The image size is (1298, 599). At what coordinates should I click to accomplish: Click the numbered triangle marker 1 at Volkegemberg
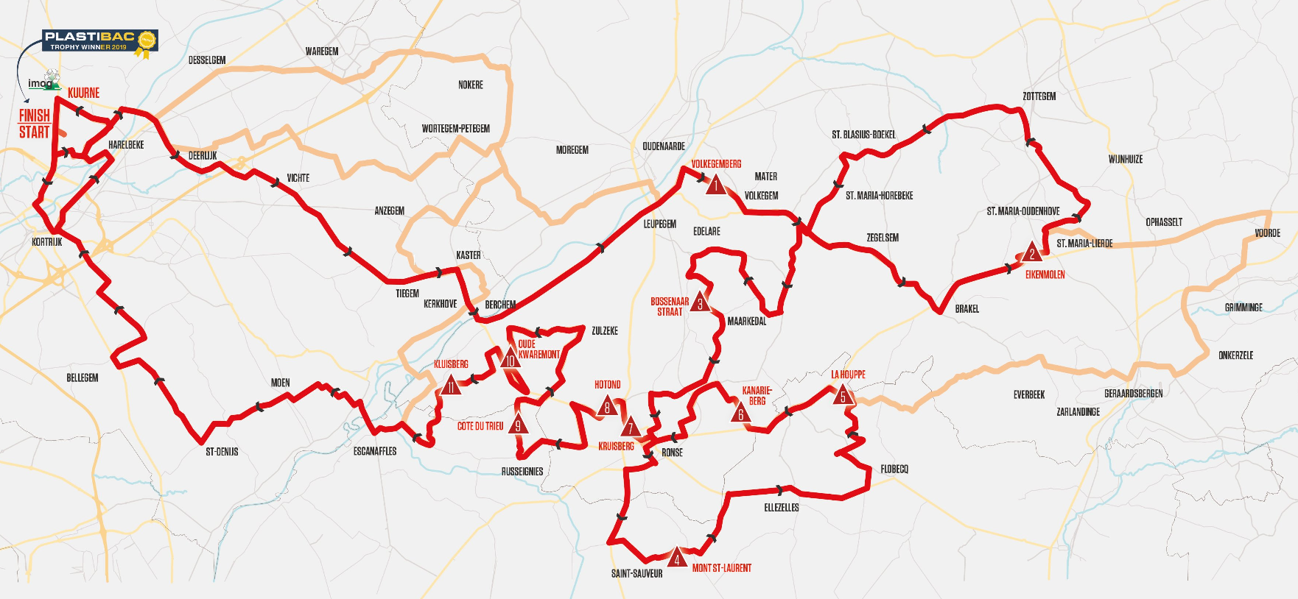715,185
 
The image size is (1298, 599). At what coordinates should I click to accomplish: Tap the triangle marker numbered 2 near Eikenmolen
1032,253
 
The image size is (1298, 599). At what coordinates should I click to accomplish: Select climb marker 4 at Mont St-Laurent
676,559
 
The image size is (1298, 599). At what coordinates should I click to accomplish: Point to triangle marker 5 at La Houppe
843,396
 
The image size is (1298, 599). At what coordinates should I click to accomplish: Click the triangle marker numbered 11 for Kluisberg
450,386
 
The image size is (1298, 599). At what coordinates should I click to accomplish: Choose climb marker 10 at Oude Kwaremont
511,359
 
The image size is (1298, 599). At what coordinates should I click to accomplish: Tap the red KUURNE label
83,93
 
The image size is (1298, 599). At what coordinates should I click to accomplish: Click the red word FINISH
34,116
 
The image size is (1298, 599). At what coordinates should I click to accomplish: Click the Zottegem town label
1039,96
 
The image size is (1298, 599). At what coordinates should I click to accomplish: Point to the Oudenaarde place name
663,146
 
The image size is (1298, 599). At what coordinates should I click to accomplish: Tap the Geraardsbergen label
1133,394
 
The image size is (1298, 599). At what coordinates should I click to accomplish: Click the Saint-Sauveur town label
636,574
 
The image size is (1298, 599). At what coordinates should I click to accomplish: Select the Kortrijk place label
46,242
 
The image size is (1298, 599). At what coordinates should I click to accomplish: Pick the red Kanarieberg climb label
757,396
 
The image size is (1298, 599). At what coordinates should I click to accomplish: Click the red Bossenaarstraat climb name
669,307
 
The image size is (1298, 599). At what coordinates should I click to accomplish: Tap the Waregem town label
322,52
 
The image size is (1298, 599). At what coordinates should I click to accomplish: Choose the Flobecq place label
894,469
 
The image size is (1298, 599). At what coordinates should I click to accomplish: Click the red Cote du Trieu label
480,427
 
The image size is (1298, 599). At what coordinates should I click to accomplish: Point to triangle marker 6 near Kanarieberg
741,414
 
